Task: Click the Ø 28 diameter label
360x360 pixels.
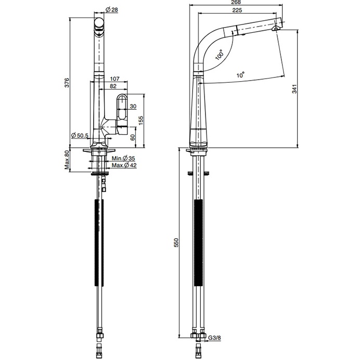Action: (112, 10)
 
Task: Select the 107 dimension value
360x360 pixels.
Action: (115, 79)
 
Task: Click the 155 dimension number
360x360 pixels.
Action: (140, 120)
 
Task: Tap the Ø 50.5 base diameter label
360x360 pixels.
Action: (80, 136)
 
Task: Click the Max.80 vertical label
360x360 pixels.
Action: (67, 160)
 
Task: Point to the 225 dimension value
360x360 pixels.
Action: (236, 10)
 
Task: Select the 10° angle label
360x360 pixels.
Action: (240, 75)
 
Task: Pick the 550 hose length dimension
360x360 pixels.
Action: (176, 242)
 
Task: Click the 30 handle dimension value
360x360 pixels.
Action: (133, 106)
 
